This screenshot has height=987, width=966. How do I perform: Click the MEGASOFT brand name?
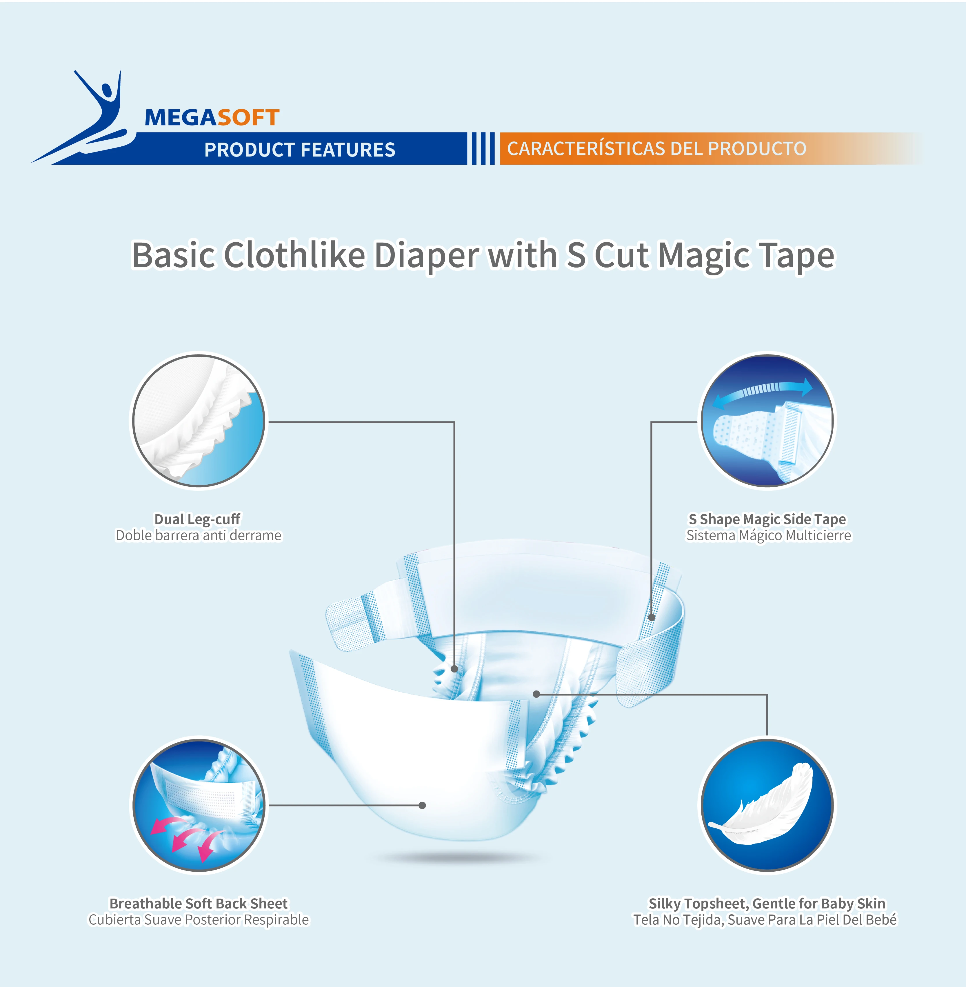212,118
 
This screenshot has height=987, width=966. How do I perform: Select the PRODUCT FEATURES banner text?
299,150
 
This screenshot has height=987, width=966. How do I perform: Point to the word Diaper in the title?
426,256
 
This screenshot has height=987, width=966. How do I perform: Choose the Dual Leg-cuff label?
197,519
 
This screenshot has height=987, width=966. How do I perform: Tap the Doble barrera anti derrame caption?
198,535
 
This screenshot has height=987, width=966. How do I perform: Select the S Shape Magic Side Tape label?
767,519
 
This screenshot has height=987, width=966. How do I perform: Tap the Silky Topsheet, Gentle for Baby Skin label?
767,904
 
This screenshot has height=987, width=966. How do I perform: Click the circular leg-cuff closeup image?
198,421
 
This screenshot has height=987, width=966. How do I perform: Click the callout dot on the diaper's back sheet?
422,805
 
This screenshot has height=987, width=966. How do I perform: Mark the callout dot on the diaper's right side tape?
652,618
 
